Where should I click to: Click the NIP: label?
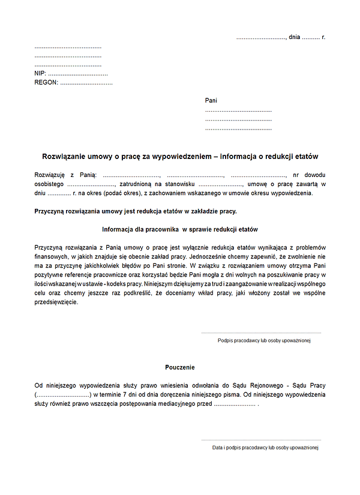41,73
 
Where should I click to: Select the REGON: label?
46,83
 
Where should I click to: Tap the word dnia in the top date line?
294,37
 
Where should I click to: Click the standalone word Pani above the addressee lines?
211,101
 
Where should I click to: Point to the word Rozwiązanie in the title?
63,155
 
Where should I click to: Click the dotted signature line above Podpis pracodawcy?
261,332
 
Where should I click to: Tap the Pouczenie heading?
180,367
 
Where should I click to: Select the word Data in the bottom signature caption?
218,448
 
